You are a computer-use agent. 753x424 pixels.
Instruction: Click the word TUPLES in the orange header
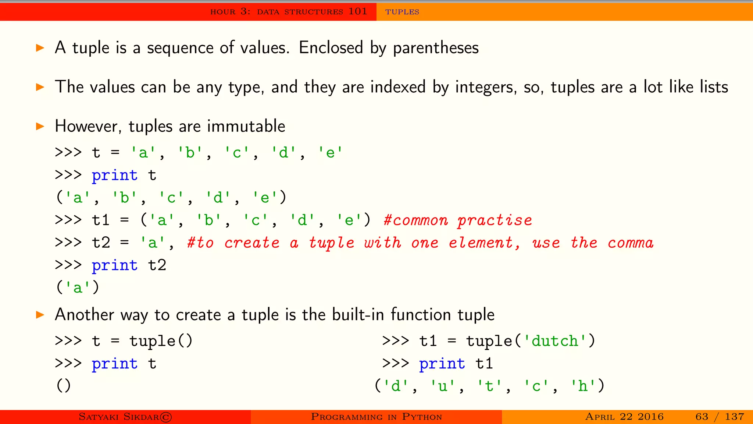click(402, 12)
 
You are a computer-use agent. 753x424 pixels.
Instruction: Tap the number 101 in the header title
click(357, 11)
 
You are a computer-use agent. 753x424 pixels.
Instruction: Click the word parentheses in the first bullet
click(436, 48)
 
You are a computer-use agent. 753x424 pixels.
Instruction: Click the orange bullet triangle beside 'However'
click(40, 127)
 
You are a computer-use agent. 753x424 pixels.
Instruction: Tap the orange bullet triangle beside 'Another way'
click(40, 315)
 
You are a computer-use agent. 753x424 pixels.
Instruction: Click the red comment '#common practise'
click(458, 220)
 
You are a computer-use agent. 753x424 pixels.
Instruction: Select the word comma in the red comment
click(631, 243)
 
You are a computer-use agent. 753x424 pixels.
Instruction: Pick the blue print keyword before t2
click(114, 266)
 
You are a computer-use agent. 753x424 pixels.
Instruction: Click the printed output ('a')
click(78, 287)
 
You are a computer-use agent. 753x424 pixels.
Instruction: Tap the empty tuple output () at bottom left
click(63, 386)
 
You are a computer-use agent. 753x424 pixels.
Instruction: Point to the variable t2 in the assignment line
click(101, 243)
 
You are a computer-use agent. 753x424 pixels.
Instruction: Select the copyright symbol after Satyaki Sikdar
click(166, 417)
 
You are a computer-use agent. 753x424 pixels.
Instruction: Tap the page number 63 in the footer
click(702, 417)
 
